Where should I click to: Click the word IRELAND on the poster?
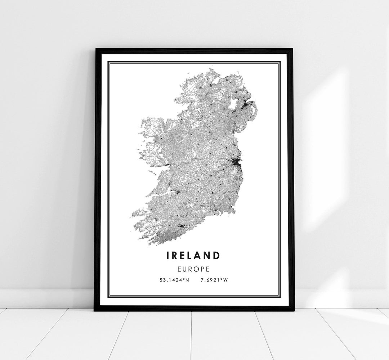click(193, 256)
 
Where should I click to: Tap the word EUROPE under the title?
click(193, 269)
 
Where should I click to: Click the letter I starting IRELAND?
click(168, 256)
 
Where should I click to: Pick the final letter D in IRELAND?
click(216, 256)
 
